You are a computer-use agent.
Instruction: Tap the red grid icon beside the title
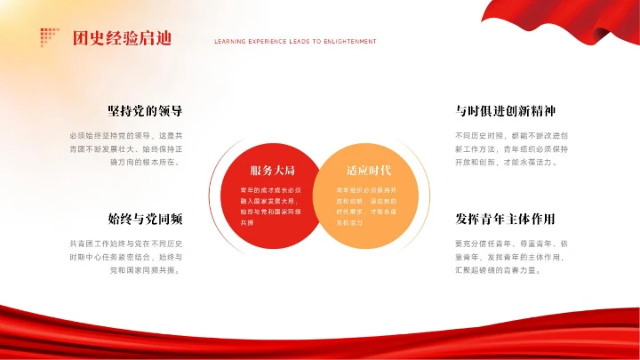(x=48, y=36)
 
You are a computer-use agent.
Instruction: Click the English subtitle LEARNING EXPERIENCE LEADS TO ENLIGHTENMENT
(x=295, y=42)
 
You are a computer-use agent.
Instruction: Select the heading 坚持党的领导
(x=145, y=112)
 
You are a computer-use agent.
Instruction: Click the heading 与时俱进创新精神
(x=506, y=112)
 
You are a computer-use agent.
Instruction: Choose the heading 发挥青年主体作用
(x=506, y=219)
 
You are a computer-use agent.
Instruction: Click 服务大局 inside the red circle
(x=272, y=170)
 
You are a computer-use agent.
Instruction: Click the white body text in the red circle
(x=271, y=206)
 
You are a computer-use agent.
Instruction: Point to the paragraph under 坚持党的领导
(x=126, y=148)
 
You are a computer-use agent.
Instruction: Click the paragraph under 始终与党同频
(x=126, y=256)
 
